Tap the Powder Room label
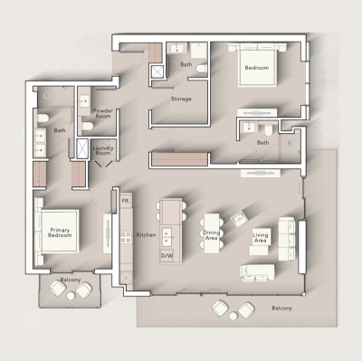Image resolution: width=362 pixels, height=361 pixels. pyautogui.click(x=101, y=113)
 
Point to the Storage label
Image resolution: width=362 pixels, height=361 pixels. pyautogui.click(x=181, y=98)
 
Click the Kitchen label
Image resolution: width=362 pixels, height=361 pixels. pyautogui.click(x=146, y=234)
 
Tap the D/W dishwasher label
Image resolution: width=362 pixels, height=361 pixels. pyautogui.click(x=167, y=256)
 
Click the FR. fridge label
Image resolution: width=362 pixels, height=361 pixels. pyautogui.click(x=126, y=199)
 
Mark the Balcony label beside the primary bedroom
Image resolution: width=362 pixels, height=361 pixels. pyautogui.click(x=71, y=280)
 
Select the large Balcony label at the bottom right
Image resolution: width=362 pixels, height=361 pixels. pyautogui.click(x=281, y=309)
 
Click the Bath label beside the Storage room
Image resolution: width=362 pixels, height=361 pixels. pyautogui.click(x=186, y=65)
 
